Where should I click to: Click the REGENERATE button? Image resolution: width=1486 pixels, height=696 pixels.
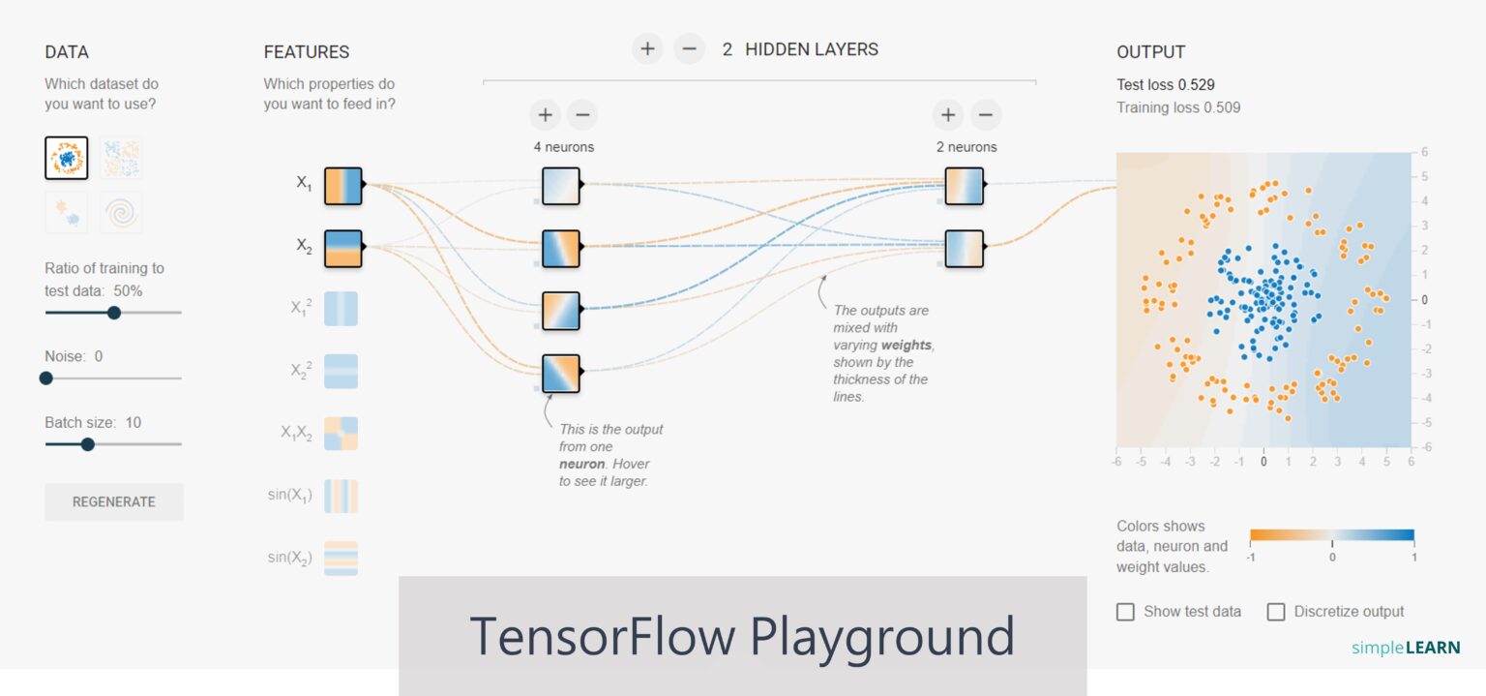(x=113, y=501)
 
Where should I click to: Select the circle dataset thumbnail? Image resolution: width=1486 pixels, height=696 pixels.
(x=67, y=158)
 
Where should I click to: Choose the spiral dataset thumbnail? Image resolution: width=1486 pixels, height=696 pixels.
(x=121, y=212)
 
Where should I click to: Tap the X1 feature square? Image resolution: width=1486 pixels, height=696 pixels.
(x=342, y=186)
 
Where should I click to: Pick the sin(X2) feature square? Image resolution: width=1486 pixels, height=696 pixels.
(x=341, y=559)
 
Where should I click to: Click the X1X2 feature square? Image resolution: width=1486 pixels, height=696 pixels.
(x=341, y=434)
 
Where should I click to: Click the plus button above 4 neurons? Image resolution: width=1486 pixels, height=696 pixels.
(x=545, y=115)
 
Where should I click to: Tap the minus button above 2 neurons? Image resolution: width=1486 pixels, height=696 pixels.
(x=985, y=115)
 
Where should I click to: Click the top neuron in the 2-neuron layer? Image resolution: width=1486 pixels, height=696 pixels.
(x=964, y=186)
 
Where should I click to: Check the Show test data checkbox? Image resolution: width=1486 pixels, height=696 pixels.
(x=1125, y=612)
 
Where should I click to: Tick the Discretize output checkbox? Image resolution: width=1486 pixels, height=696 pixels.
(x=1276, y=612)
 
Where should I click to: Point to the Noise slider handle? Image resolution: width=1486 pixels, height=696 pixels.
(x=45, y=378)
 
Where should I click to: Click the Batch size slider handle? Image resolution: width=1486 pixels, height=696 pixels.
(x=88, y=444)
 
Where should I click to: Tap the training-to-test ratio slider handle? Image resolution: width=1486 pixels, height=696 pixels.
(x=113, y=313)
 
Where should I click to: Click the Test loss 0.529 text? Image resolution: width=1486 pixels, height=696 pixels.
(x=1165, y=85)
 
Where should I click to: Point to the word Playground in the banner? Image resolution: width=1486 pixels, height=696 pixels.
(x=882, y=636)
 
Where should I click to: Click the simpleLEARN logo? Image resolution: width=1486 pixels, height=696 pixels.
(x=1406, y=648)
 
